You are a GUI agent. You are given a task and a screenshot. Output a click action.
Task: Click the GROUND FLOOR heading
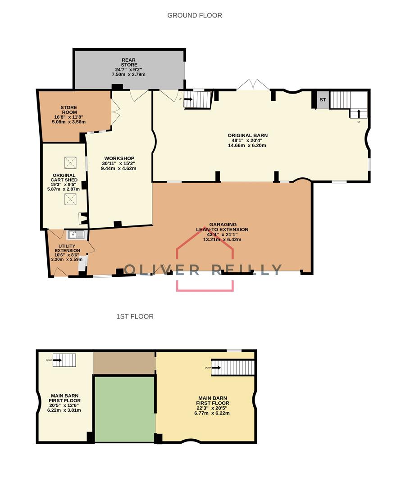(x=195, y=15)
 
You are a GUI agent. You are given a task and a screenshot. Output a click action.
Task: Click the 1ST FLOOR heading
(x=135, y=316)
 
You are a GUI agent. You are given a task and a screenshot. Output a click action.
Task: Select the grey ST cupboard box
(x=323, y=100)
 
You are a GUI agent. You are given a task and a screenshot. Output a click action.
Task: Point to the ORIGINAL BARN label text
(x=247, y=135)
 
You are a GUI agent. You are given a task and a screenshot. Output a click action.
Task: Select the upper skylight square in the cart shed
(x=70, y=162)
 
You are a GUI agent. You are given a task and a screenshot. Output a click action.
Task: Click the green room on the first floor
(x=125, y=409)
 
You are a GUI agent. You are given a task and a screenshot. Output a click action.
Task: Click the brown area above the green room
(x=124, y=363)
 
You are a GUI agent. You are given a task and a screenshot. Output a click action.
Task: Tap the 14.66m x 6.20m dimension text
(x=247, y=146)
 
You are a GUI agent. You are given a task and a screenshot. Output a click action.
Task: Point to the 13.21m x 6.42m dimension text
(x=222, y=240)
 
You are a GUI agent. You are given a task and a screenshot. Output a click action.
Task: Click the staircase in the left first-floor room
(x=64, y=360)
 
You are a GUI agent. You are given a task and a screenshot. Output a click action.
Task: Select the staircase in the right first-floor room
(x=233, y=367)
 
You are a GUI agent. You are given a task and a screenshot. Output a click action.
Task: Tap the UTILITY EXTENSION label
(x=67, y=248)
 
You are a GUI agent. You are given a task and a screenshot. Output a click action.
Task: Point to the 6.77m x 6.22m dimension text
(x=213, y=413)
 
